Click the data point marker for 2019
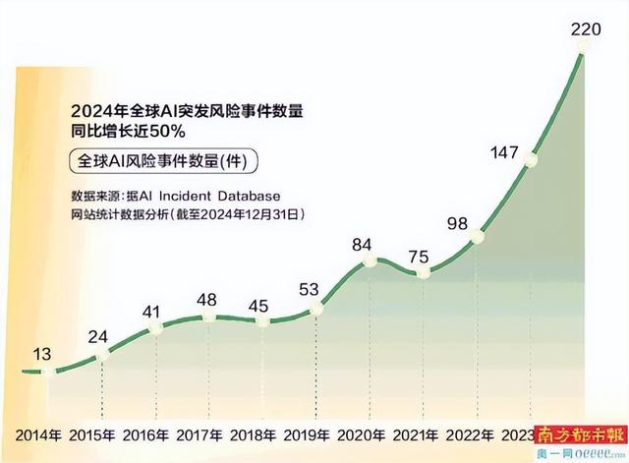(316, 309)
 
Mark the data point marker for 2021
(425, 272)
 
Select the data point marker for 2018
(262, 320)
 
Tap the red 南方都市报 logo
(580, 434)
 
